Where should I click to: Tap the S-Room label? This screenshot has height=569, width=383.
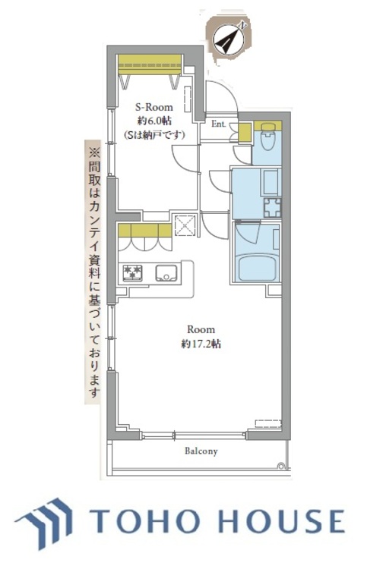(154, 108)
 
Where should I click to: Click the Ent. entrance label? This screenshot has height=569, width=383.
(219, 124)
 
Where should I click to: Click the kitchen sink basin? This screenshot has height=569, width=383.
(166, 273)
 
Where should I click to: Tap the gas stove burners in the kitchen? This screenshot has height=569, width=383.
(132, 273)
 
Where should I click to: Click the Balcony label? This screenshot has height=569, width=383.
(201, 451)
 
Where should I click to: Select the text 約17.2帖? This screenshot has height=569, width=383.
(201, 344)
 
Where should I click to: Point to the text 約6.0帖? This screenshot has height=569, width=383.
(155, 121)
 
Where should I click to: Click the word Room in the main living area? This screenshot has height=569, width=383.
(201, 329)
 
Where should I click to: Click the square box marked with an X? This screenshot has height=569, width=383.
(185, 225)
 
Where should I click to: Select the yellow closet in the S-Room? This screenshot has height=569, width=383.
(150, 64)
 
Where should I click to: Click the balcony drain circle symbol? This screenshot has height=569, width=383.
(280, 466)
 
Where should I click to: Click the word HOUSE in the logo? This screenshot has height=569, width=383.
(283, 521)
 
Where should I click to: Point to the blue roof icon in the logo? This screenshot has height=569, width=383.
(44, 522)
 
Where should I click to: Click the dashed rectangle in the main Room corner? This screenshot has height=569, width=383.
(268, 423)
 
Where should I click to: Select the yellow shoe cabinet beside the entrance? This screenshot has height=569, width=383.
(245, 132)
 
